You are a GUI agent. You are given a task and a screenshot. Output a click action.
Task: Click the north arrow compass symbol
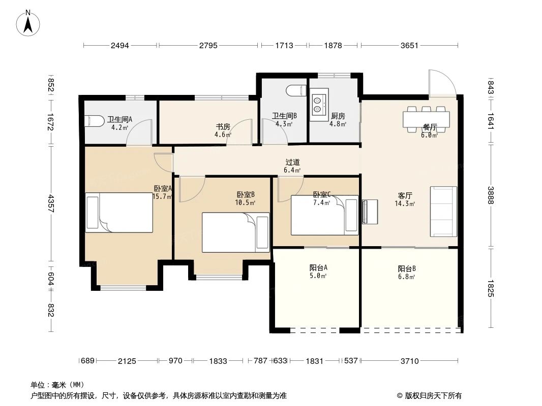pos(28,23)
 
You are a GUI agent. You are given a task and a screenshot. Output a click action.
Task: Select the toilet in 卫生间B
pos(296,91)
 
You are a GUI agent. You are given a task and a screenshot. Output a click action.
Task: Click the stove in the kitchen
pos(319,105)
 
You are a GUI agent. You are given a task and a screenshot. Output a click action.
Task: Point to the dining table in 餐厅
pos(426,119)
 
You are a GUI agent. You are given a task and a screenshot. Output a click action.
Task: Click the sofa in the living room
pos(443,212)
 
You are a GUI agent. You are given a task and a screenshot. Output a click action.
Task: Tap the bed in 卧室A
pos(119,213)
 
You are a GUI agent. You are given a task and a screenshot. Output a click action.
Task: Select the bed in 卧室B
pos(235,232)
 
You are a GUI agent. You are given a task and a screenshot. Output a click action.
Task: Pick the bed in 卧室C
pos(324,215)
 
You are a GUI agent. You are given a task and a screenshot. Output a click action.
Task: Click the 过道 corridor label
pos(292,162)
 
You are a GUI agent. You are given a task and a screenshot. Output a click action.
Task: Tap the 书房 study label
pos(223,127)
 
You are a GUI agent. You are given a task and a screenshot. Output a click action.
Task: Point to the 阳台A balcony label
pos(318,267)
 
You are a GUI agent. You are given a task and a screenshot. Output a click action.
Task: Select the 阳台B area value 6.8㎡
pos(407,277)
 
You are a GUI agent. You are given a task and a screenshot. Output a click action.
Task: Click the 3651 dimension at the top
pos(410,46)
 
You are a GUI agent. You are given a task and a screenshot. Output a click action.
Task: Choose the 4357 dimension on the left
pos(51,204)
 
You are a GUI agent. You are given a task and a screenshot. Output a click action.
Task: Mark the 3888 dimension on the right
pos(491,195)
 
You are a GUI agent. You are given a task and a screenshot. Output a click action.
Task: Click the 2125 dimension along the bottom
pos(127,361)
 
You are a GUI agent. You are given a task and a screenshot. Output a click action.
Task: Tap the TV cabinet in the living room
pos(370,212)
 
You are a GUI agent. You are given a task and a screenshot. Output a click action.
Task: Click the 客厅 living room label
pos(405,195)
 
